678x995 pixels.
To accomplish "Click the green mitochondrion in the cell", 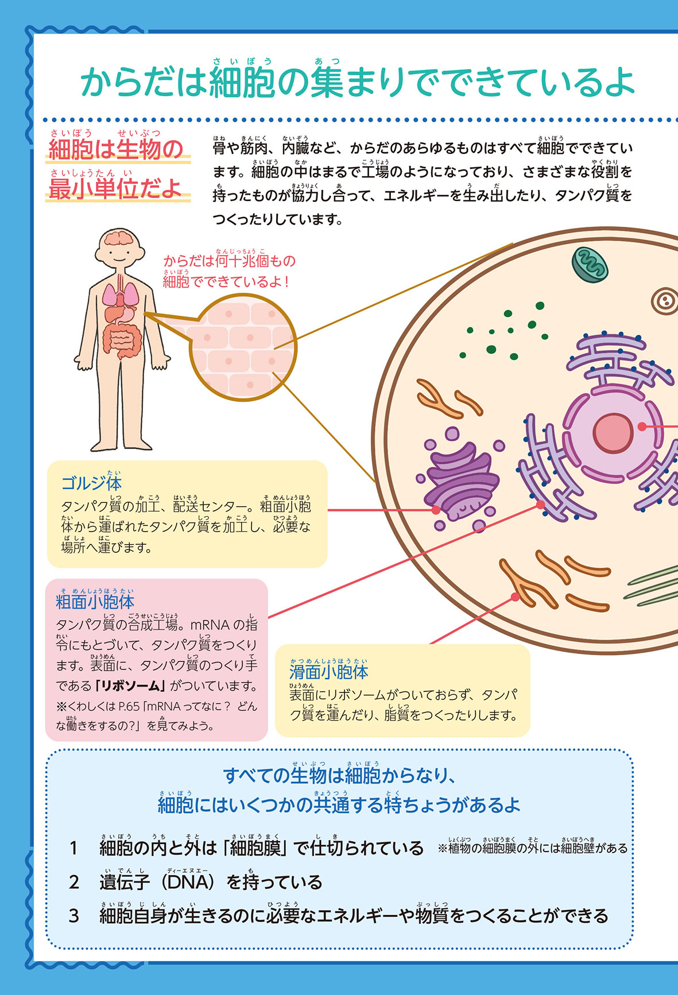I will (x=589, y=265).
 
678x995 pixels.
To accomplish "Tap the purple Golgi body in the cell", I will (x=459, y=479).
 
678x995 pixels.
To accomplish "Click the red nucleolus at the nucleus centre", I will (x=613, y=432).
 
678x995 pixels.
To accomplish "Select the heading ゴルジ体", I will (x=91, y=483).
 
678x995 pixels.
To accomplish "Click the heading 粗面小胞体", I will (x=95, y=602).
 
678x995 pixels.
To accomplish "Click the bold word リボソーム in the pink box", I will (x=131, y=686).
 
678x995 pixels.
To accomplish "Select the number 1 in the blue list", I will (x=73, y=849).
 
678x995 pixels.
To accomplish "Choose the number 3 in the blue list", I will (x=73, y=916).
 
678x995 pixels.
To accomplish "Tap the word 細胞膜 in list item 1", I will (x=255, y=849).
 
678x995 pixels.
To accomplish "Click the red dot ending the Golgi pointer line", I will (x=436, y=509).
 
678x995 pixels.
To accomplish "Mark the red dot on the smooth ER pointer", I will (x=515, y=597).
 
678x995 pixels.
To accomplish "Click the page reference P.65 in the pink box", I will (x=129, y=706).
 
